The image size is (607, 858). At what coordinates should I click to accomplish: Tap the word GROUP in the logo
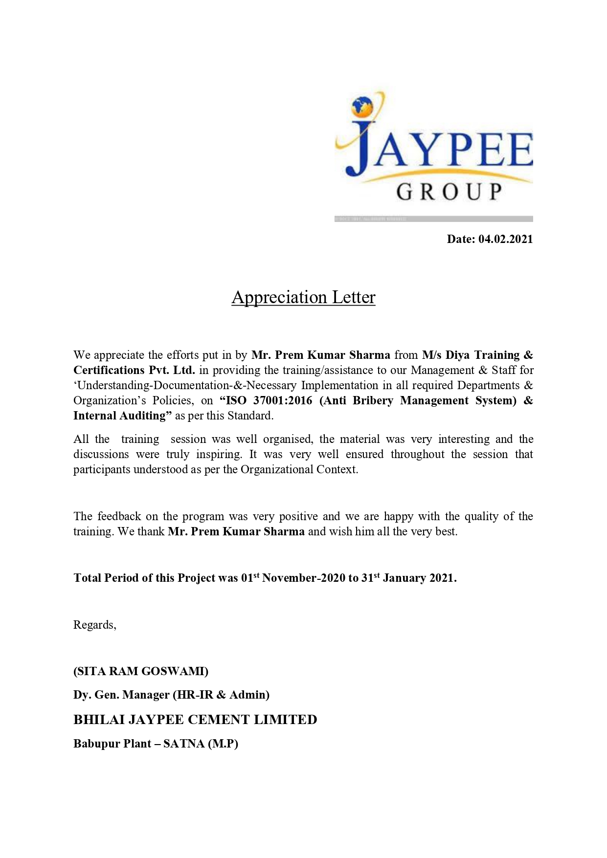(x=449, y=192)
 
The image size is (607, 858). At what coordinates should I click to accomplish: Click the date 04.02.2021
(x=505, y=239)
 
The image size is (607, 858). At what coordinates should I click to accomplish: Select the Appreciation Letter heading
(x=303, y=297)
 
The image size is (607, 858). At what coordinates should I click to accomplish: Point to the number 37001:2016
(x=282, y=400)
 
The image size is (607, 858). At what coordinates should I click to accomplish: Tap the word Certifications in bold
(x=109, y=370)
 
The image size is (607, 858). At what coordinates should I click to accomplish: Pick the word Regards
(x=94, y=625)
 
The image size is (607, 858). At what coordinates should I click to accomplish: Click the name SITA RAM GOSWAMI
(x=141, y=671)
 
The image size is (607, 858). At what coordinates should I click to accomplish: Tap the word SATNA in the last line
(x=184, y=744)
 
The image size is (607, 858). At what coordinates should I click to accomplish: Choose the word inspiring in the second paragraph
(x=219, y=454)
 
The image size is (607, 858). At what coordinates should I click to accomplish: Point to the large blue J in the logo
(x=360, y=147)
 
